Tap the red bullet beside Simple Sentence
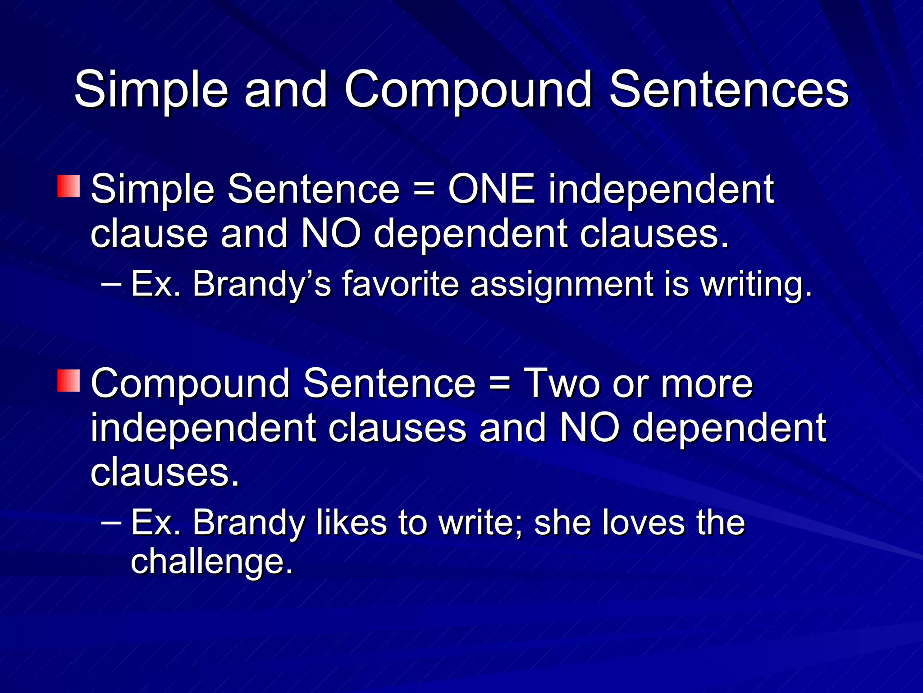click(x=69, y=187)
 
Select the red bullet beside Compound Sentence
click(x=69, y=380)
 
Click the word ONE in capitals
click(x=492, y=189)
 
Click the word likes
click(x=352, y=523)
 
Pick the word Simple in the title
click(x=151, y=90)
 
